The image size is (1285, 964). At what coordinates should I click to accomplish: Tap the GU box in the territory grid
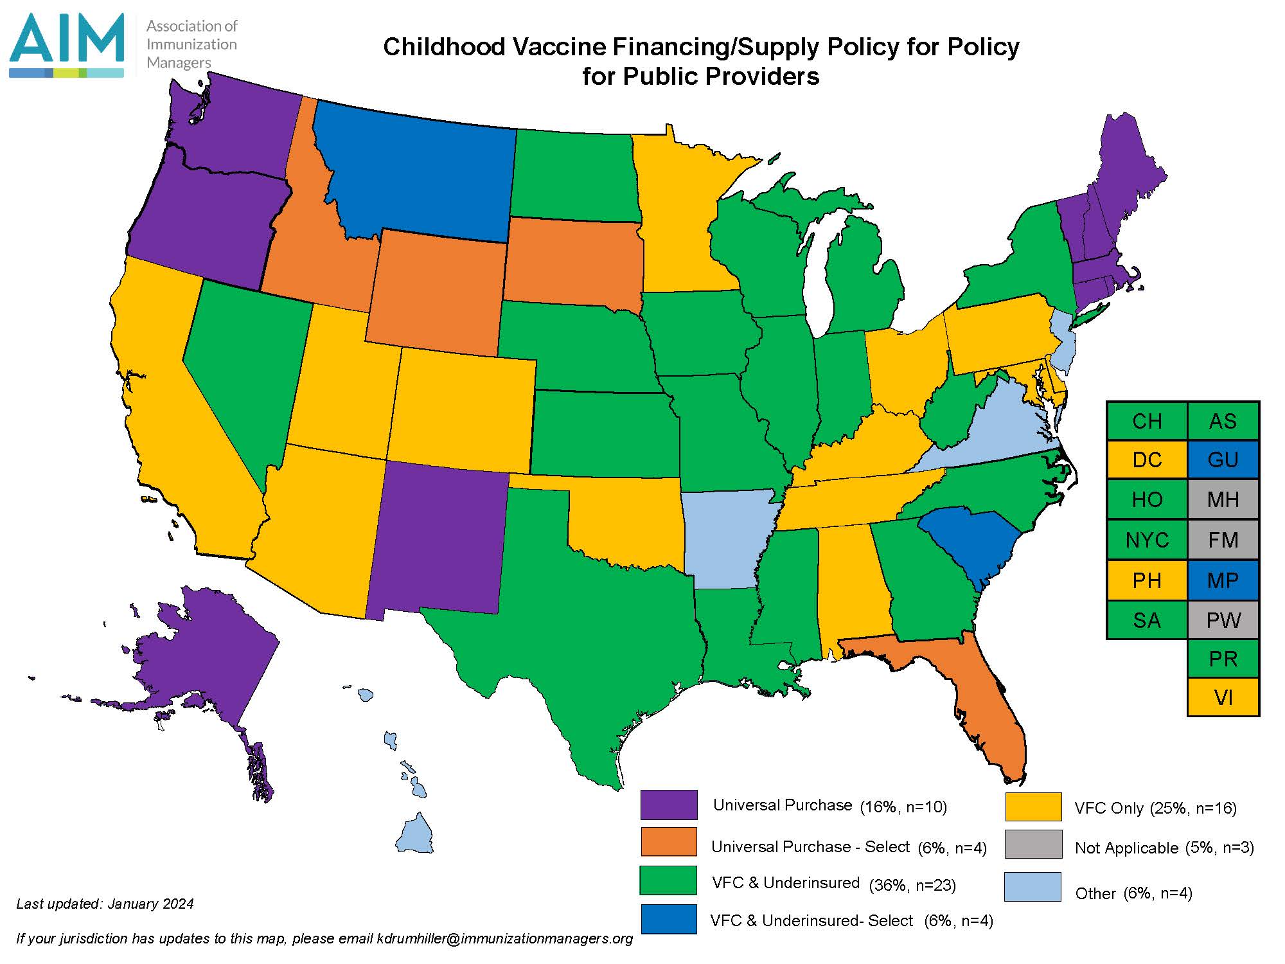tap(1223, 460)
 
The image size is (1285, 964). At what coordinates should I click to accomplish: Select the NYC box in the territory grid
tap(1147, 540)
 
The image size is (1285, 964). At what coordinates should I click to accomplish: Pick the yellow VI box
tap(1223, 697)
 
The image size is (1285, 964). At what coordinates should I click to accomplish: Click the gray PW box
tap(1223, 620)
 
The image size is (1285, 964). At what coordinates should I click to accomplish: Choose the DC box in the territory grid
tap(1147, 460)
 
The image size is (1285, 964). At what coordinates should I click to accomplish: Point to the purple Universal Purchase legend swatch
tap(668, 805)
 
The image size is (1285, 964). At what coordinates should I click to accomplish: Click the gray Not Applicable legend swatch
tap(1033, 844)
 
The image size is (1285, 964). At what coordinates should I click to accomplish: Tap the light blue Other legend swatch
tap(1032, 887)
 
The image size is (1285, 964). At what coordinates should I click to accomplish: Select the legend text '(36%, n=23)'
tap(912, 885)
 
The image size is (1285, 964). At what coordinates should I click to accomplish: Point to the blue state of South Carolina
tap(970, 540)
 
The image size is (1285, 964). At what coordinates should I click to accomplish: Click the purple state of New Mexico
tap(437, 540)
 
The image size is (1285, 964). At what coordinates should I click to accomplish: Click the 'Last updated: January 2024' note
tap(105, 904)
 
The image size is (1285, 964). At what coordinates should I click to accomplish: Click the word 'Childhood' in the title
tap(439, 47)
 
